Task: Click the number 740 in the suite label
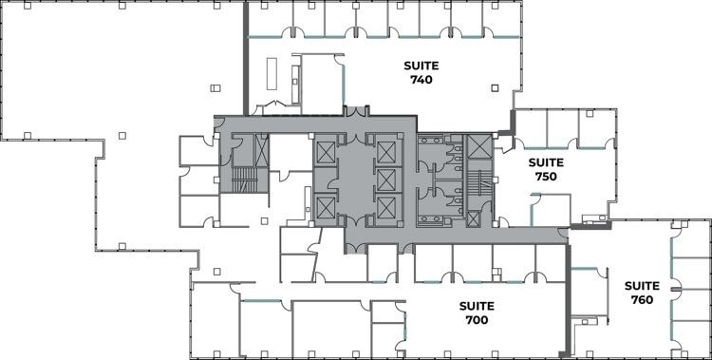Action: click(x=422, y=81)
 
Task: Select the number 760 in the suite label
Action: click(x=642, y=299)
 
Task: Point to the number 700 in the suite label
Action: click(x=476, y=320)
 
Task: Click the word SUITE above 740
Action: click(x=422, y=66)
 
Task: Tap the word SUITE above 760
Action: click(x=642, y=285)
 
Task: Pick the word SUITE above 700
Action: click(x=476, y=306)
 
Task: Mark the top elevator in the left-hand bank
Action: click(x=325, y=152)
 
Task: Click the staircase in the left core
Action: click(x=245, y=180)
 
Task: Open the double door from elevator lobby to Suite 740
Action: click(x=356, y=113)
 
